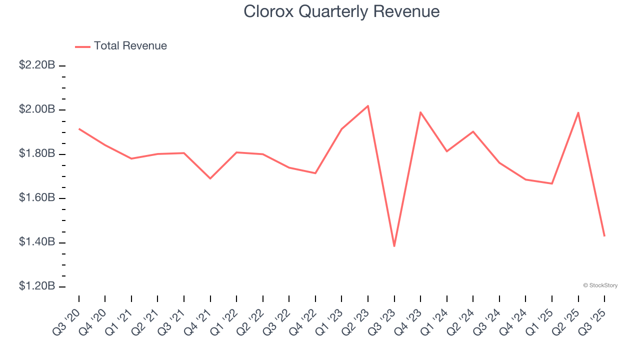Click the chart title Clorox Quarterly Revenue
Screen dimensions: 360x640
click(x=341, y=11)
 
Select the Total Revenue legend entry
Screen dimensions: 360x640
click(x=130, y=46)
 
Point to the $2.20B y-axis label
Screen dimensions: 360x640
click(x=37, y=65)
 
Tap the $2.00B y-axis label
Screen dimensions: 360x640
click(x=37, y=109)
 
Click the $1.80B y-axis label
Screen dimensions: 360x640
click(x=37, y=153)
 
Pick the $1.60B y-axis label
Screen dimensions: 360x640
click(x=37, y=198)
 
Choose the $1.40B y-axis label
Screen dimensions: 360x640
click(x=37, y=242)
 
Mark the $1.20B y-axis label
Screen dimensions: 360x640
click(x=37, y=286)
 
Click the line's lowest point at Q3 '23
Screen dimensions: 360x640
click(x=394, y=246)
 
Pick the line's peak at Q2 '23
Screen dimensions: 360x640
click(x=368, y=106)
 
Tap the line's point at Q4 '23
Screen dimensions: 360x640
click(x=420, y=112)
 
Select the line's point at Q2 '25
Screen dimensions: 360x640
click(x=578, y=112)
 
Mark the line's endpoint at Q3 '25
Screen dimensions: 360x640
click(x=604, y=236)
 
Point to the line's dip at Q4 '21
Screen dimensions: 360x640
click(x=210, y=178)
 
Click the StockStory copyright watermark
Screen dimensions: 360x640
click(x=600, y=285)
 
